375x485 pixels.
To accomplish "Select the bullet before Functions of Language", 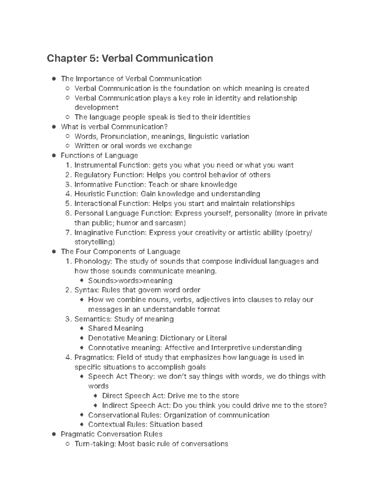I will (54, 156).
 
